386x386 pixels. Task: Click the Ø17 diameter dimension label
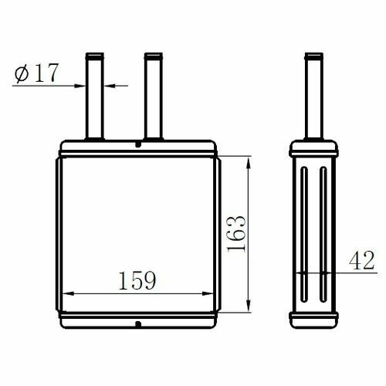[x=36, y=73]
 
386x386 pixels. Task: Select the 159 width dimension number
[x=137, y=280]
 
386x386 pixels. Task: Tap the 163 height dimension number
[x=237, y=233]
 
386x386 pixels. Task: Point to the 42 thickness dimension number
[x=361, y=260]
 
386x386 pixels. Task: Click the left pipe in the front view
[x=94, y=96]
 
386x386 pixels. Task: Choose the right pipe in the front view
[x=154, y=96]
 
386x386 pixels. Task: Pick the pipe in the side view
[x=313, y=96]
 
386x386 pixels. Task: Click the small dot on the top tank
[x=138, y=144]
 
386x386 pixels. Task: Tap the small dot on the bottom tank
[x=138, y=324]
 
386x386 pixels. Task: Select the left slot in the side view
[x=304, y=234]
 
